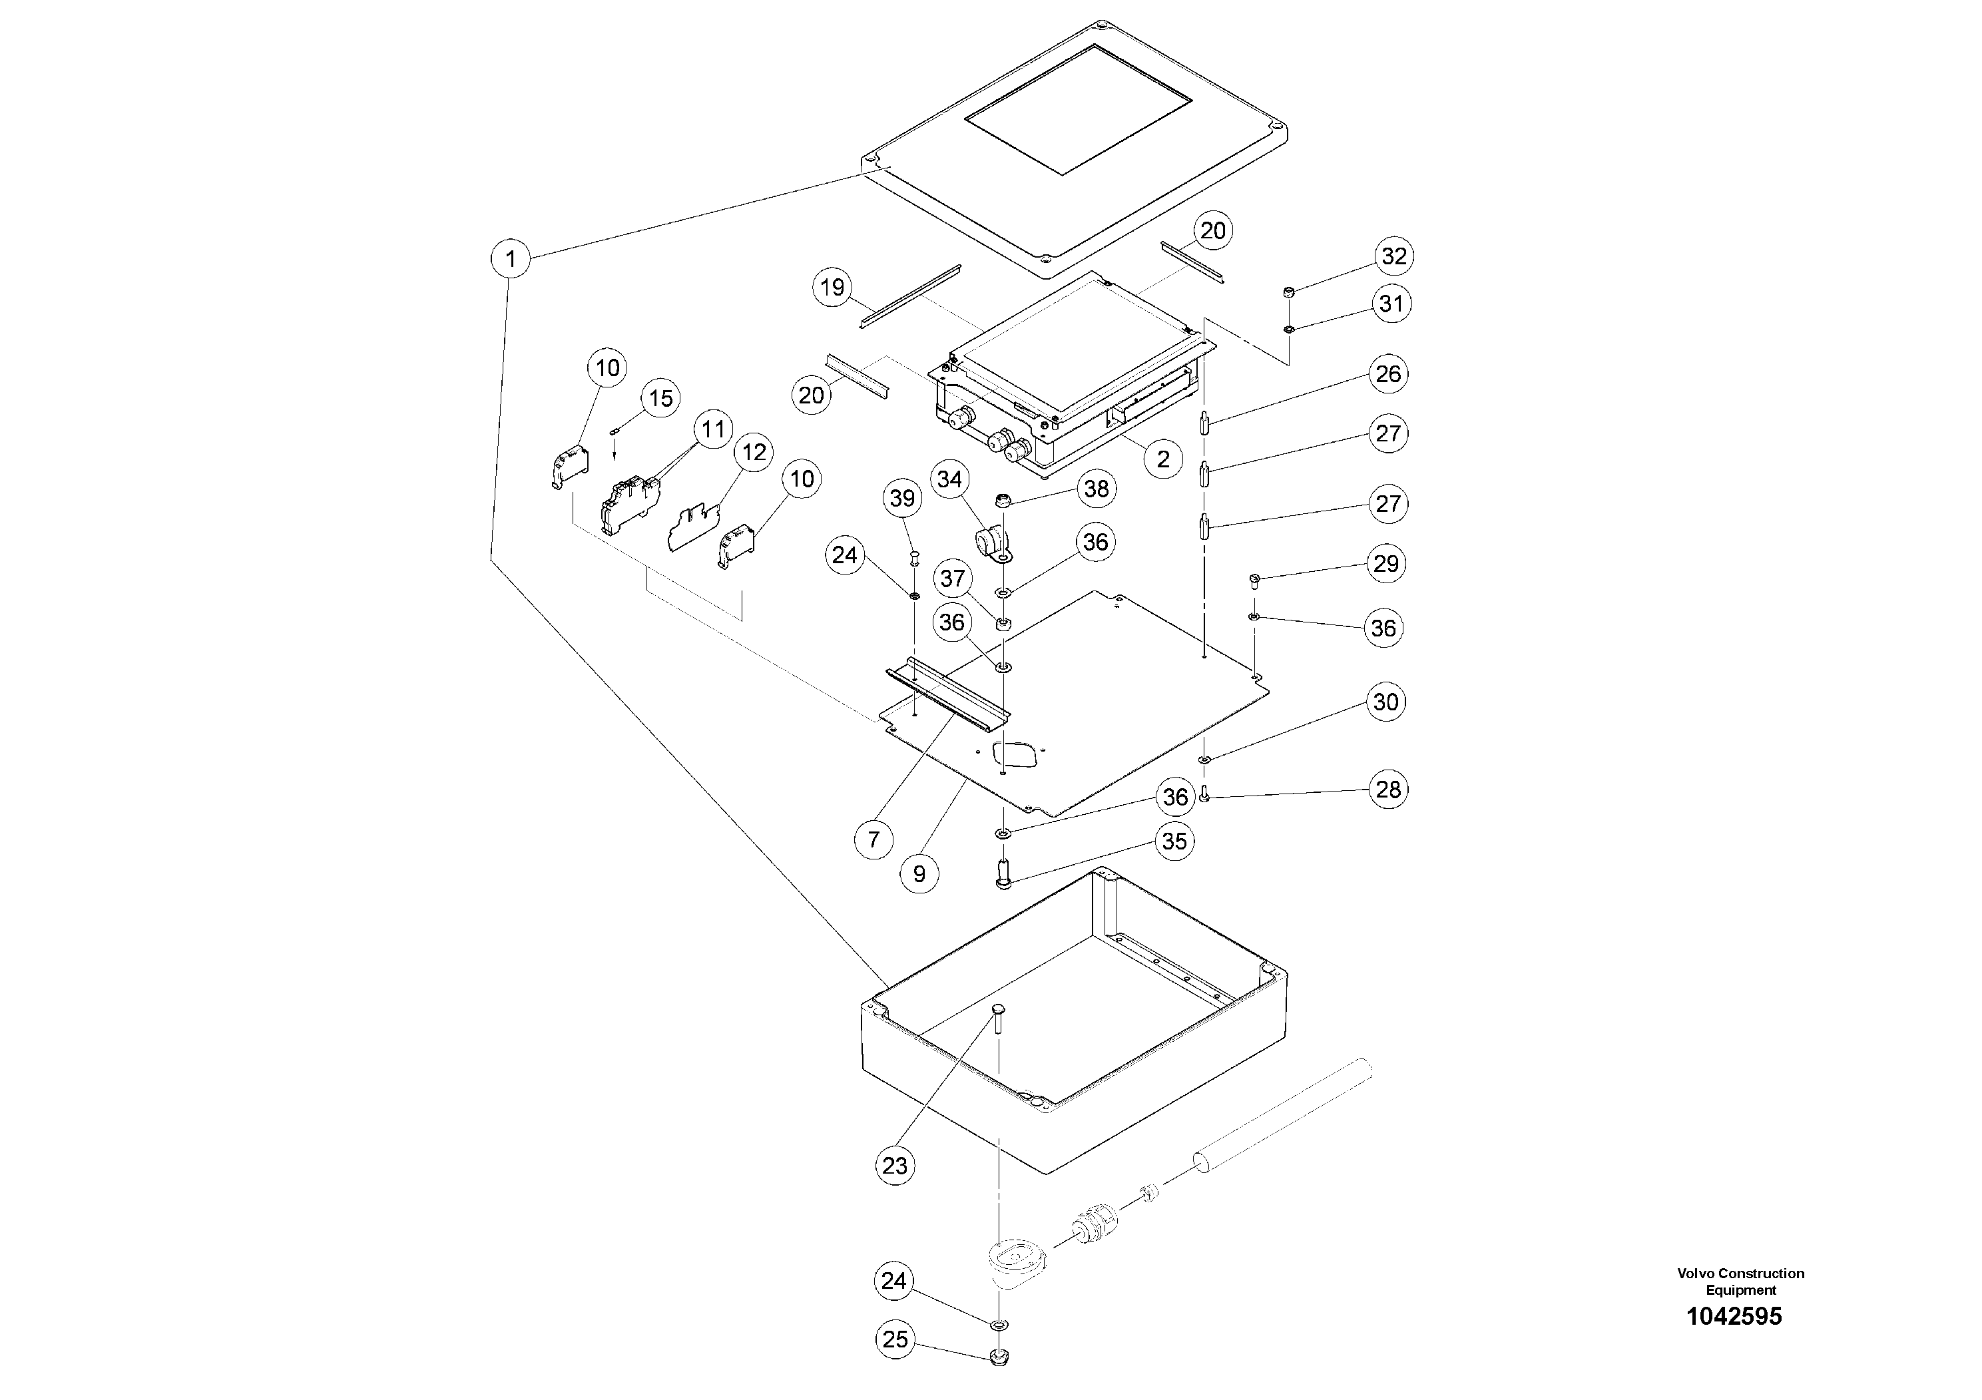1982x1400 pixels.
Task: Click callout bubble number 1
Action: click(x=511, y=258)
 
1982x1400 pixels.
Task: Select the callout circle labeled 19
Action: click(x=832, y=286)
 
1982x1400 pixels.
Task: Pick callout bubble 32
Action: click(x=1394, y=256)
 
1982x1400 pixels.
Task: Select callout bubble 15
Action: click(x=660, y=398)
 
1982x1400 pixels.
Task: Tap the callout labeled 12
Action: click(x=754, y=452)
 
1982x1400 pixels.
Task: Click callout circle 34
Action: click(x=949, y=479)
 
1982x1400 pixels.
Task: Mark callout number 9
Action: click(x=919, y=873)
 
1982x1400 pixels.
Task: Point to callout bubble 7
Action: click(x=873, y=838)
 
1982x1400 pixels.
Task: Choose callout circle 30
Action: click(x=1385, y=702)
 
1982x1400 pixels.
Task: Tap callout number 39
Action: click(x=902, y=498)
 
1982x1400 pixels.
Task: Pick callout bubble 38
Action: click(x=1097, y=489)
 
